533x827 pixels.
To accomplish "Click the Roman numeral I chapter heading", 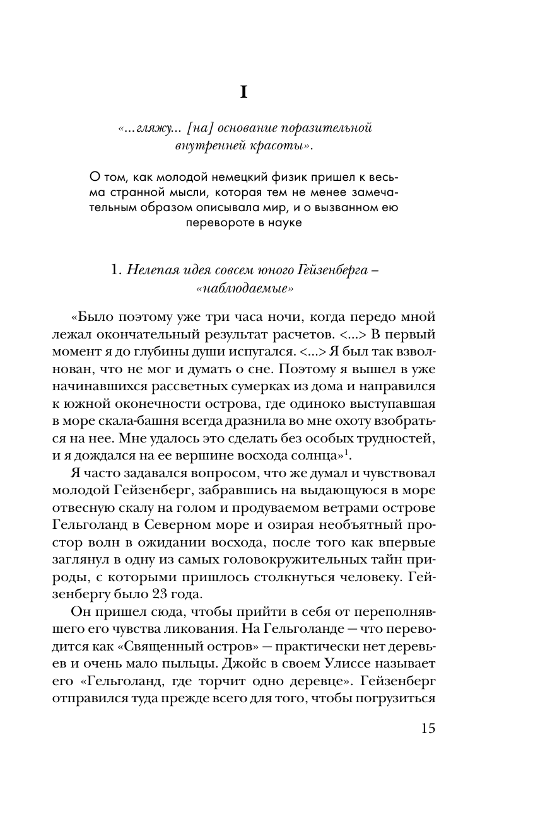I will click(x=243, y=92).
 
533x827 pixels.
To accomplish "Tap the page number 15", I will click(x=426, y=728).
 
